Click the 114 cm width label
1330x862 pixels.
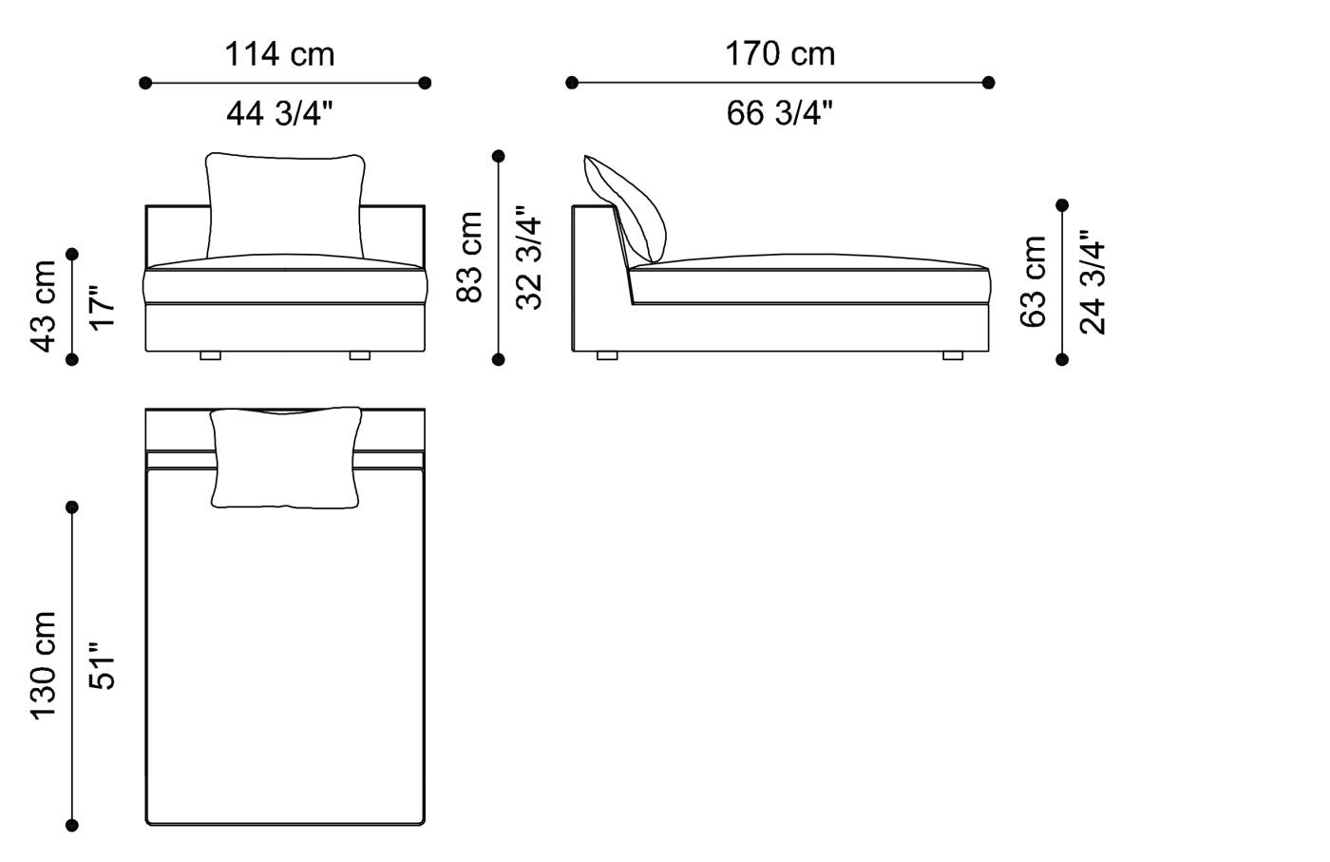point(279,54)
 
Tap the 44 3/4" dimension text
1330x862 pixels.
point(279,114)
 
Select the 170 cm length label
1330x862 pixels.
point(780,54)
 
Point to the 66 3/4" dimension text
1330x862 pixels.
point(780,114)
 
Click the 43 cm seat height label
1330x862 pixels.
point(45,305)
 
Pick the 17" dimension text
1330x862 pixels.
point(102,305)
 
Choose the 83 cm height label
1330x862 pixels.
point(470,257)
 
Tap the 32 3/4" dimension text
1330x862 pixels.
point(528,262)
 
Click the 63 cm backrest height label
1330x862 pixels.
point(1034,282)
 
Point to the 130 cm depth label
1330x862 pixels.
point(45,665)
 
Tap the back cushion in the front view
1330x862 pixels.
point(284,204)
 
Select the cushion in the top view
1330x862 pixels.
point(285,457)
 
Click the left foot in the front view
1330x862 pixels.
point(210,356)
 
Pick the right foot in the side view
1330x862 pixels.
point(952,356)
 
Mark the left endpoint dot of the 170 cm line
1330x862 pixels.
point(572,83)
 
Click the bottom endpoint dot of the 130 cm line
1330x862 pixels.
point(72,825)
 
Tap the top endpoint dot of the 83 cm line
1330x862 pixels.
point(499,156)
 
